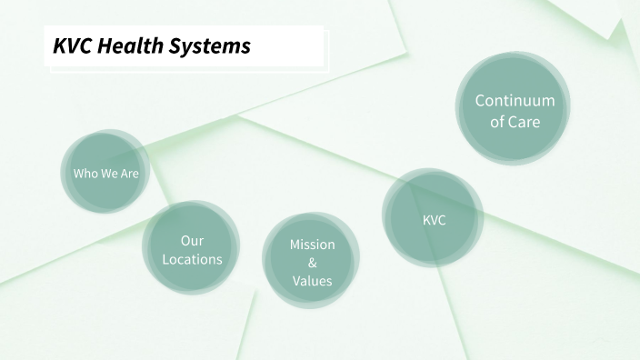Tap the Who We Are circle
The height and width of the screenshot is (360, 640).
coord(106,172)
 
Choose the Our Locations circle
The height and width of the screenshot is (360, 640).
coord(192,249)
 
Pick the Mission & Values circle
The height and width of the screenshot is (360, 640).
coord(312,262)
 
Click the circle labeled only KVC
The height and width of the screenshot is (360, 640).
coord(434,220)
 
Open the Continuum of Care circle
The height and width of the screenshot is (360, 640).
coord(515,110)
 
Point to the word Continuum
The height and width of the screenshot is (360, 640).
coord(515,100)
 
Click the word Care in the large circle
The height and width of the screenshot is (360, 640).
coord(525,121)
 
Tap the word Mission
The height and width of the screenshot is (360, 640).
coord(312,245)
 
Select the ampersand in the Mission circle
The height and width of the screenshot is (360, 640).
coord(312,263)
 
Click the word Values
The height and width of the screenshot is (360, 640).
coord(312,281)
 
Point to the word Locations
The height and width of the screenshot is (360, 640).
coord(192,259)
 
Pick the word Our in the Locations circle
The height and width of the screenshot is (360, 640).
coord(192,241)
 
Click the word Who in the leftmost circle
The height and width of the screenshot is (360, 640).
coord(85,173)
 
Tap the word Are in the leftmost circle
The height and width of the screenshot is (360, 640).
coord(130,173)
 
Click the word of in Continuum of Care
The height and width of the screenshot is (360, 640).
coord(498,121)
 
